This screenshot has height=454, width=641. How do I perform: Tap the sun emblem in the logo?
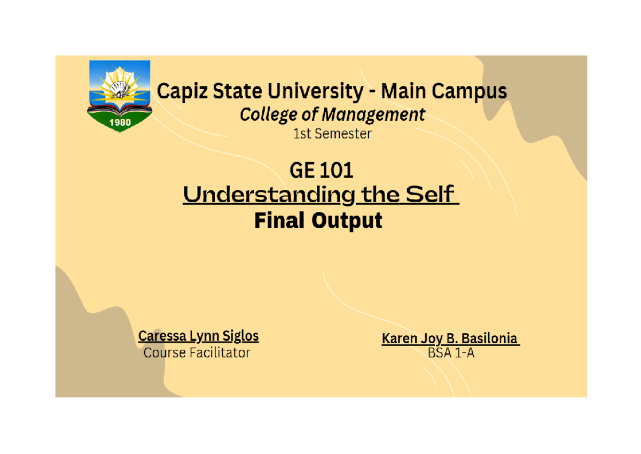pyautogui.click(x=120, y=86)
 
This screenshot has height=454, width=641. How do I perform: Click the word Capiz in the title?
pyautogui.click(x=179, y=93)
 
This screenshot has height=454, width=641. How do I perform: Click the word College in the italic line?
pyautogui.click(x=265, y=115)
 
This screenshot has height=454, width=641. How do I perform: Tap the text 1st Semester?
pyautogui.click(x=332, y=134)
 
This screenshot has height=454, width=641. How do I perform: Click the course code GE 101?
pyautogui.click(x=321, y=171)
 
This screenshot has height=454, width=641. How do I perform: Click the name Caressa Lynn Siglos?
pyautogui.click(x=198, y=336)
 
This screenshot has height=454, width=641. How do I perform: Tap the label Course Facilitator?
pyautogui.click(x=197, y=353)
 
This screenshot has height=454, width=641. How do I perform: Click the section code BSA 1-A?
pyautogui.click(x=450, y=353)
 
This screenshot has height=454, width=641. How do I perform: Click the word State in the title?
pyautogui.click(x=231, y=93)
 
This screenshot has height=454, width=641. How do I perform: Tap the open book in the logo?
pyautogui.click(x=119, y=107)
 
